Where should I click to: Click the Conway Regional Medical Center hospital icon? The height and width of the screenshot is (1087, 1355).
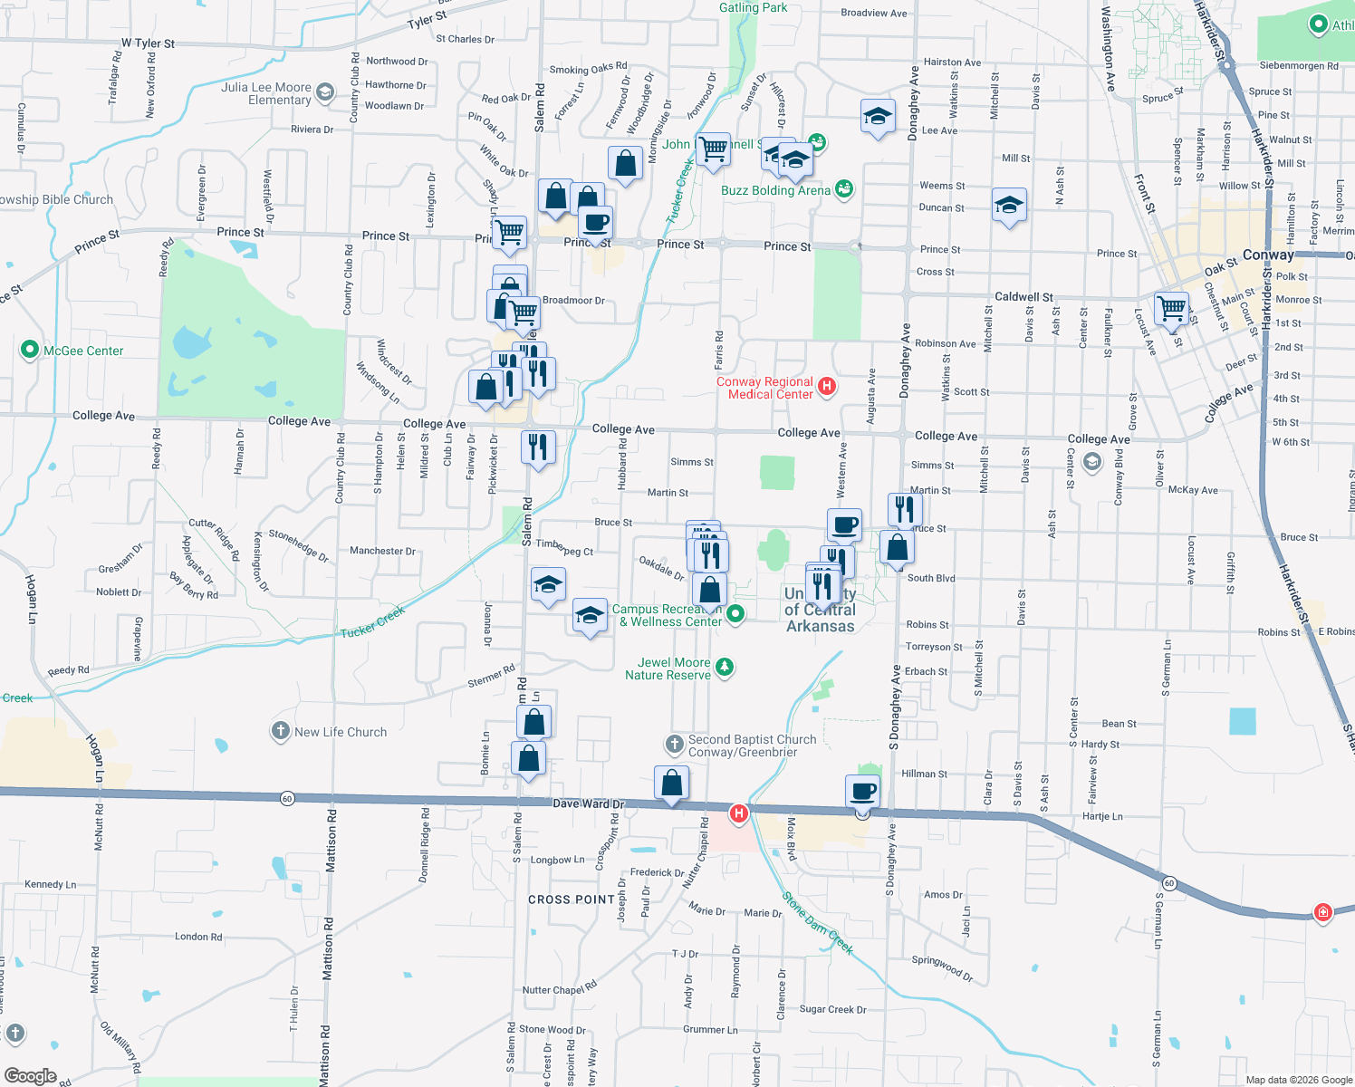click(826, 388)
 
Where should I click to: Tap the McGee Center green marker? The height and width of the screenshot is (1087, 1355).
click(29, 351)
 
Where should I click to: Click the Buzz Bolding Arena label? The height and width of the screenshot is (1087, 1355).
click(775, 190)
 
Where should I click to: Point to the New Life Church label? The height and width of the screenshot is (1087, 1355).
click(341, 732)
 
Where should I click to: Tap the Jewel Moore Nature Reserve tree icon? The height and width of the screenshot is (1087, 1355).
click(724, 669)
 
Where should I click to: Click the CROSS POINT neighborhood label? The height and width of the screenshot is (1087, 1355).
click(572, 899)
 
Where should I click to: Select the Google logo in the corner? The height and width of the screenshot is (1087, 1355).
click(30, 1076)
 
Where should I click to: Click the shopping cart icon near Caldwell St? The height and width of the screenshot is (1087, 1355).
click(1172, 309)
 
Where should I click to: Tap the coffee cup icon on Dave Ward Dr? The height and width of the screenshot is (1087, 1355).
click(863, 792)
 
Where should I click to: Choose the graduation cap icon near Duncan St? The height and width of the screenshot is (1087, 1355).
click(1008, 207)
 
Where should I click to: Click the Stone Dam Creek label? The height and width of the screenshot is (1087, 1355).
click(818, 923)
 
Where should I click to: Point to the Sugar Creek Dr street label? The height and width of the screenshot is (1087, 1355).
click(832, 1009)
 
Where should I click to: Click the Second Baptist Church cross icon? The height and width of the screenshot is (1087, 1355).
click(674, 745)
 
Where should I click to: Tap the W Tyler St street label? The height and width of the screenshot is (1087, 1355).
click(148, 43)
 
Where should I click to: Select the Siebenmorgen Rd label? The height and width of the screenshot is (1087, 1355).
click(1298, 66)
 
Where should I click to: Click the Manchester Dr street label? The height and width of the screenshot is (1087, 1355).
click(382, 551)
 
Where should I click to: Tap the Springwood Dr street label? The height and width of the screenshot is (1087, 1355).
click(942, 967)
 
